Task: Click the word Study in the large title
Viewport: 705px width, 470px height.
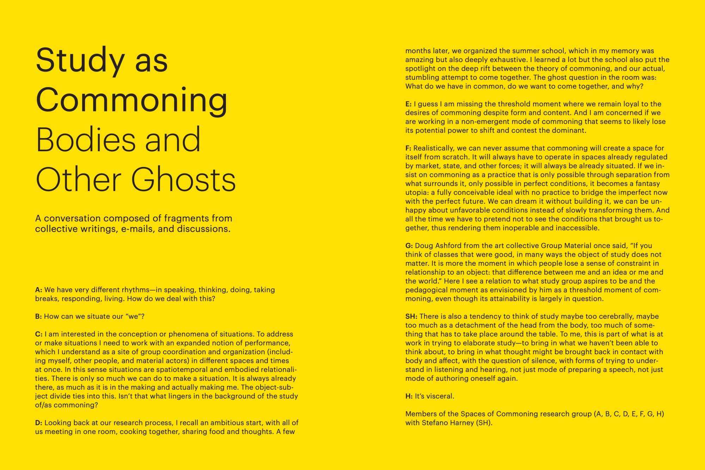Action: pos(80,60)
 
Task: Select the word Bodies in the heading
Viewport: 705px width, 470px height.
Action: pos(86,140)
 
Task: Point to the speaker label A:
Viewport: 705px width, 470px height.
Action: pos(39,290)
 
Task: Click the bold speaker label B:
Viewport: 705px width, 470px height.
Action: pos(38,316)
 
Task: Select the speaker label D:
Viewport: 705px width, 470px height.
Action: pos(39,423)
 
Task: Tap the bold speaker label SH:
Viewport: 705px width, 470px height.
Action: pos(411,316)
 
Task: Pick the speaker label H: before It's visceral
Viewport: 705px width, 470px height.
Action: pos(409,396)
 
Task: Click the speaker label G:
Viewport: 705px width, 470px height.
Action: pos(409,245)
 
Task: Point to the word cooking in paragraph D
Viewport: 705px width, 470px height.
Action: pos(132,432)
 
